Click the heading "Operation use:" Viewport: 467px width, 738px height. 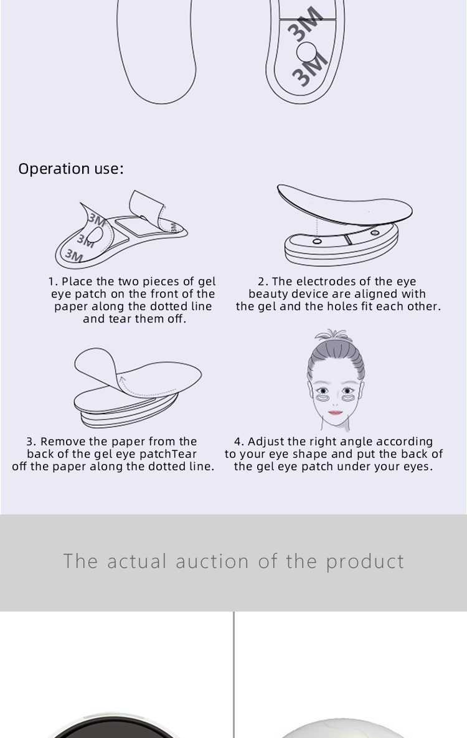click(x=71, y=169)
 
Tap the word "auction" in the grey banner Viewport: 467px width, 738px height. click(x=212, y=561)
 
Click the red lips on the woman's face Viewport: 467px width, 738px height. click(x=335, y=413)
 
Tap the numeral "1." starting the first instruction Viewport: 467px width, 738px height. click(x=53, y=281)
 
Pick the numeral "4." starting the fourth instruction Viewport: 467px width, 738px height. click(x=239, y=442)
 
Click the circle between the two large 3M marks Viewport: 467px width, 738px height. click(x=306, y=51)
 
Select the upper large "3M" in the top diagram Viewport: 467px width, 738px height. click(x=305, y=24)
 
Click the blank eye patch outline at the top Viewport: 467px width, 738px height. click(x=157, y=51)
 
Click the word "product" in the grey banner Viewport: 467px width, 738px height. click(x=365, y=562)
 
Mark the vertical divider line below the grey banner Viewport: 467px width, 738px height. click(x=234, y=675)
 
